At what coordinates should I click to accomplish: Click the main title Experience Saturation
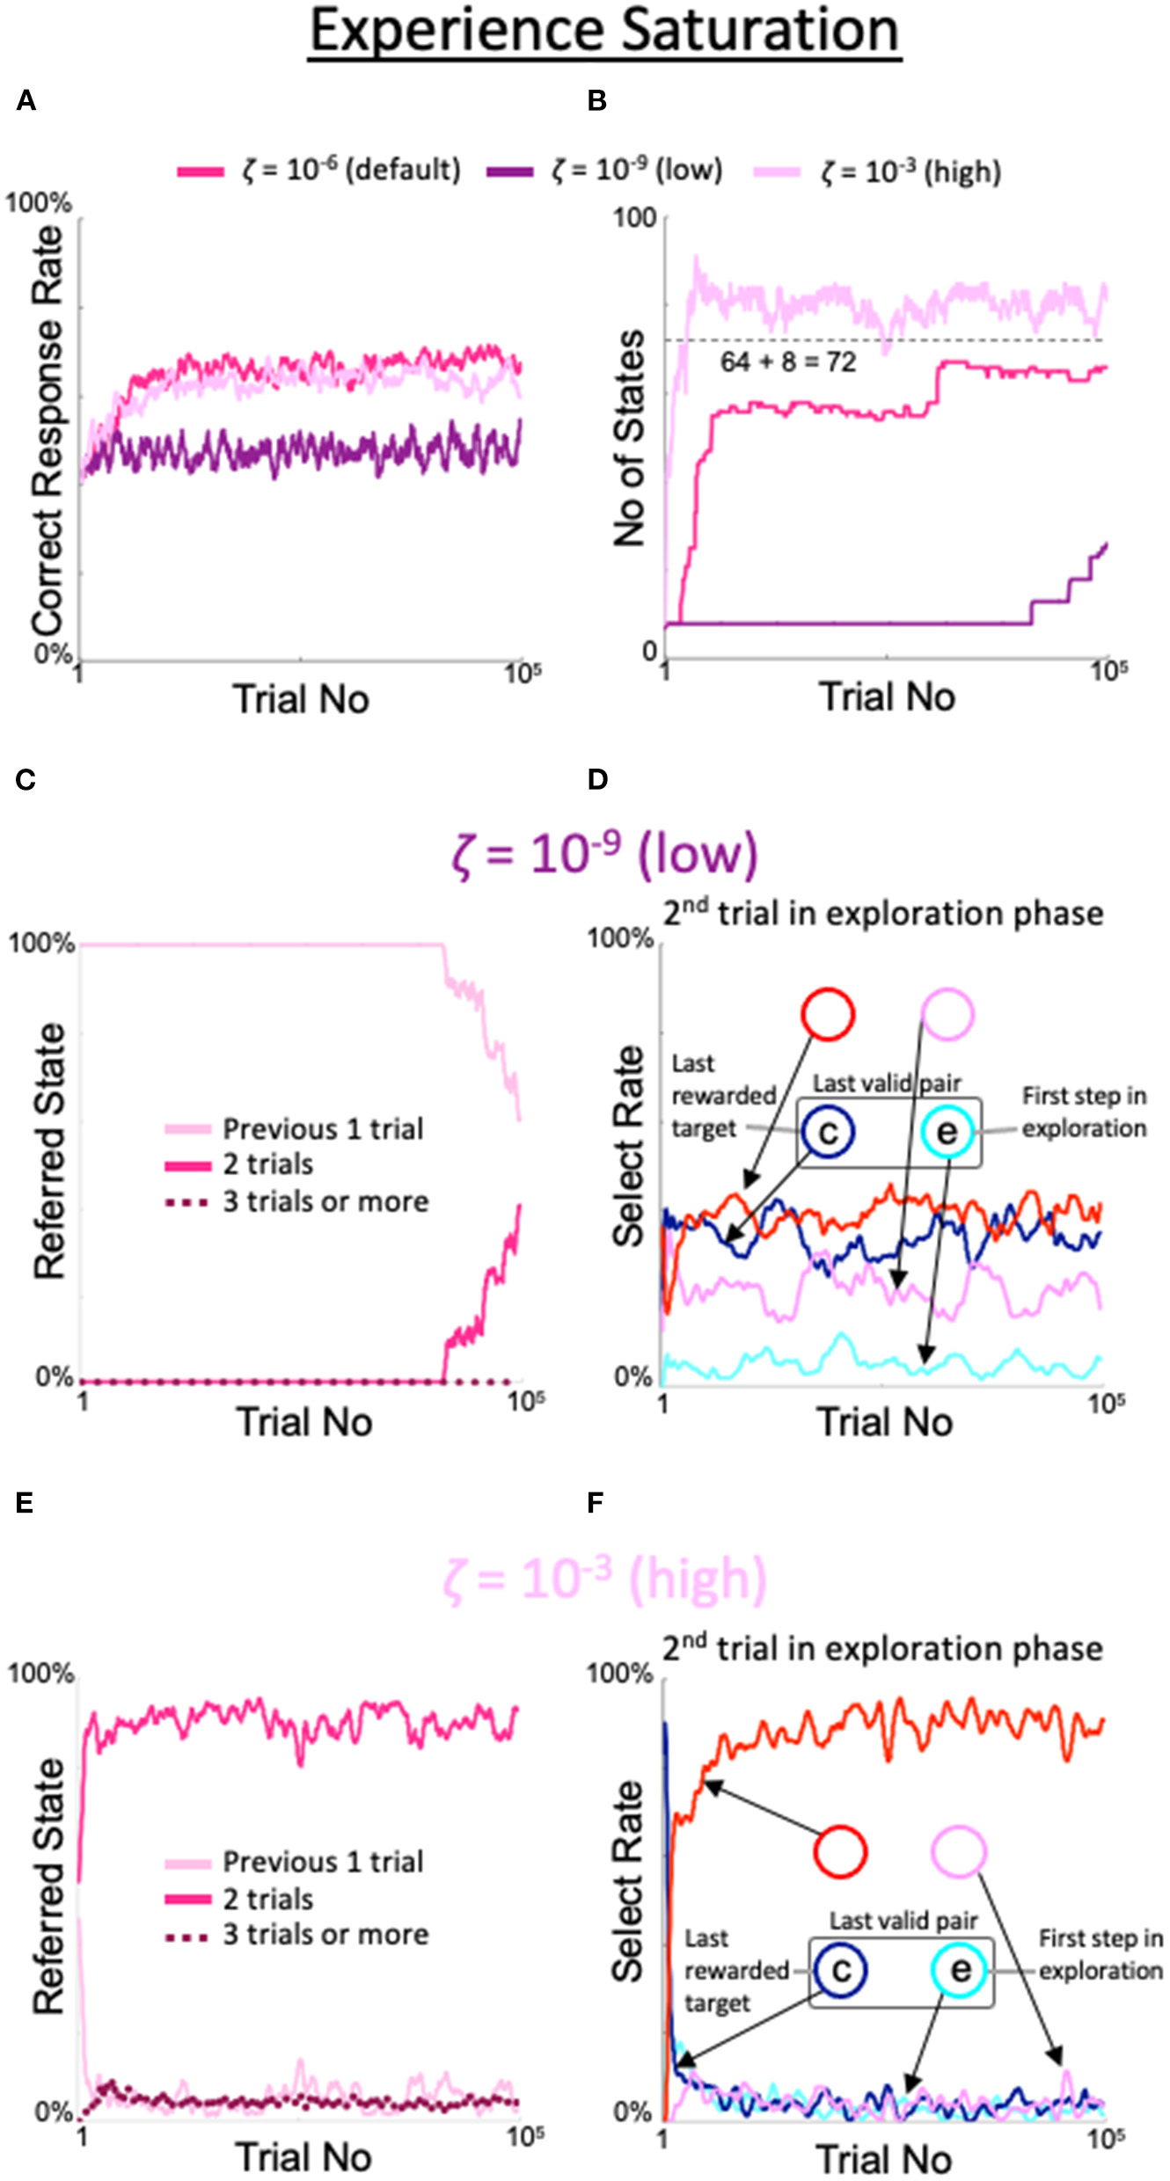coord(604,32)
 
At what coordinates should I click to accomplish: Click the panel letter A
coord(26,101)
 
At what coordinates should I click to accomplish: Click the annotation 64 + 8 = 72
coord(787,361)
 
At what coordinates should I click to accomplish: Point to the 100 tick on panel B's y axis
coord(635,217)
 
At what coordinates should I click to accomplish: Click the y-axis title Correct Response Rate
coord(48,431)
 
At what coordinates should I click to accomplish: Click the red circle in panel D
coord(828,1014)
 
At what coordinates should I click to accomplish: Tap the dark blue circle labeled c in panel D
coord(828,1133)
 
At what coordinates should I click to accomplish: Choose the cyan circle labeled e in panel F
coord(961,1971)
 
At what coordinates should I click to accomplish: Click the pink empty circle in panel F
coord(959,1851)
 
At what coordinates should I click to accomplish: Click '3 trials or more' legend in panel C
coord(325,1201)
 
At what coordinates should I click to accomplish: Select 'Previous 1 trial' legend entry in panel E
coord(322,1861)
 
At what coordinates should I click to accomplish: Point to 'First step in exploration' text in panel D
coord(1084,1112)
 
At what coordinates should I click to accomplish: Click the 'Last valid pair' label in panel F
coord(903,1921)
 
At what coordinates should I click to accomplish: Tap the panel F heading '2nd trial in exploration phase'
coord(882,1648)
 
